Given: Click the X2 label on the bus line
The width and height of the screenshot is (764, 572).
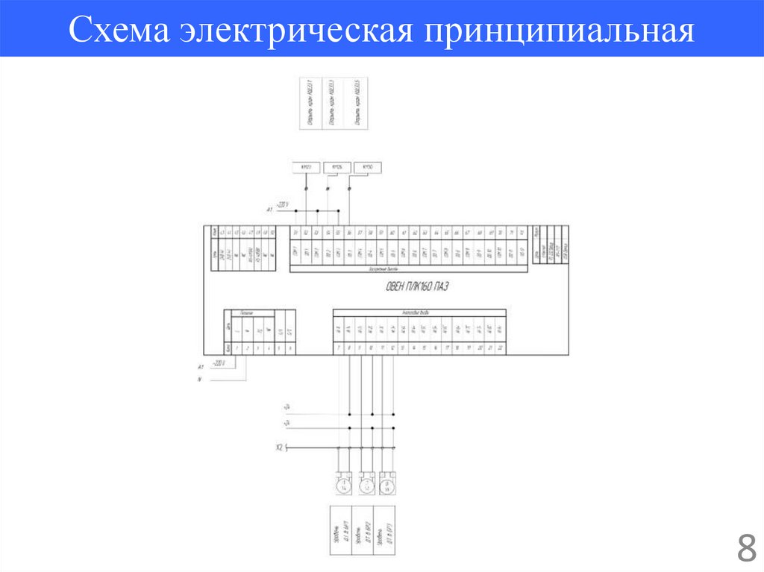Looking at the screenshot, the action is coord(279,447).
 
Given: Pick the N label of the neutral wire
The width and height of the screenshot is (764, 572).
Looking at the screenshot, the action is coord(200,380).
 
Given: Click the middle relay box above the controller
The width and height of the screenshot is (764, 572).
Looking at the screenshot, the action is coord(336,167).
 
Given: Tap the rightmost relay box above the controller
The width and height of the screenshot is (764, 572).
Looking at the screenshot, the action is coord(366,167).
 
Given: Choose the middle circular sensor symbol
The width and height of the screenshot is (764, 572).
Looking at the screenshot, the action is coord(366,485).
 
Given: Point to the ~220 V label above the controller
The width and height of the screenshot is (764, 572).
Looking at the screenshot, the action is coord(281,204).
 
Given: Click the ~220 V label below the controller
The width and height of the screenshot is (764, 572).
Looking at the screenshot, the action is coord(219,362).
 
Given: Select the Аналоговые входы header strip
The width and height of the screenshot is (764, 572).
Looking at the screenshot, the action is coord(419,312).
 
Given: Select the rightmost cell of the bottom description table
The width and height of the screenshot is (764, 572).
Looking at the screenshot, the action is coord(385,529).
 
